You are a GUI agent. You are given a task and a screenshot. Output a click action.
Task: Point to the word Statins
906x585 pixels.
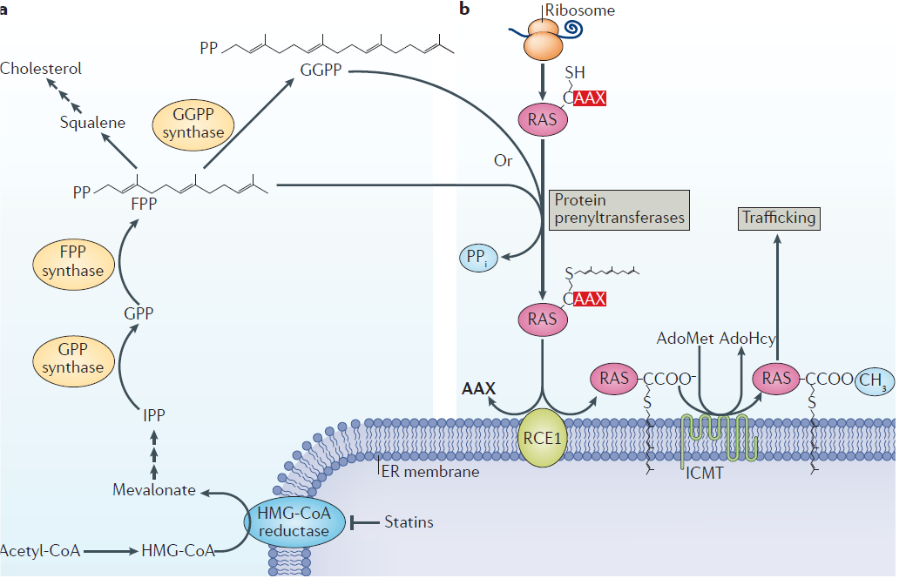[x=409, y=522]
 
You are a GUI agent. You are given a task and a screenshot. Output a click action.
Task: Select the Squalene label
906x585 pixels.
[x=92, y=123]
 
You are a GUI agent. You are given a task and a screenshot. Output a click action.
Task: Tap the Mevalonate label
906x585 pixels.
[x=154, y=491]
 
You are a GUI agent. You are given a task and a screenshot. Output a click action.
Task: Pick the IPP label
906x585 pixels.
[x=154, y=415]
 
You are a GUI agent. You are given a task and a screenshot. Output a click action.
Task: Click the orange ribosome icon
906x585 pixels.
[x=541, y=38]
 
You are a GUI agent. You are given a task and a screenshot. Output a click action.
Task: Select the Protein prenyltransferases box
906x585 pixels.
[x=619, y=210]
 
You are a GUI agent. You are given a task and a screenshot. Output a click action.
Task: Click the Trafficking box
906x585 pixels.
[x=779, y=218]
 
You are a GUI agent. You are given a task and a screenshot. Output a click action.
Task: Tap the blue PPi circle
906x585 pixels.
[x=478, y=256]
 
